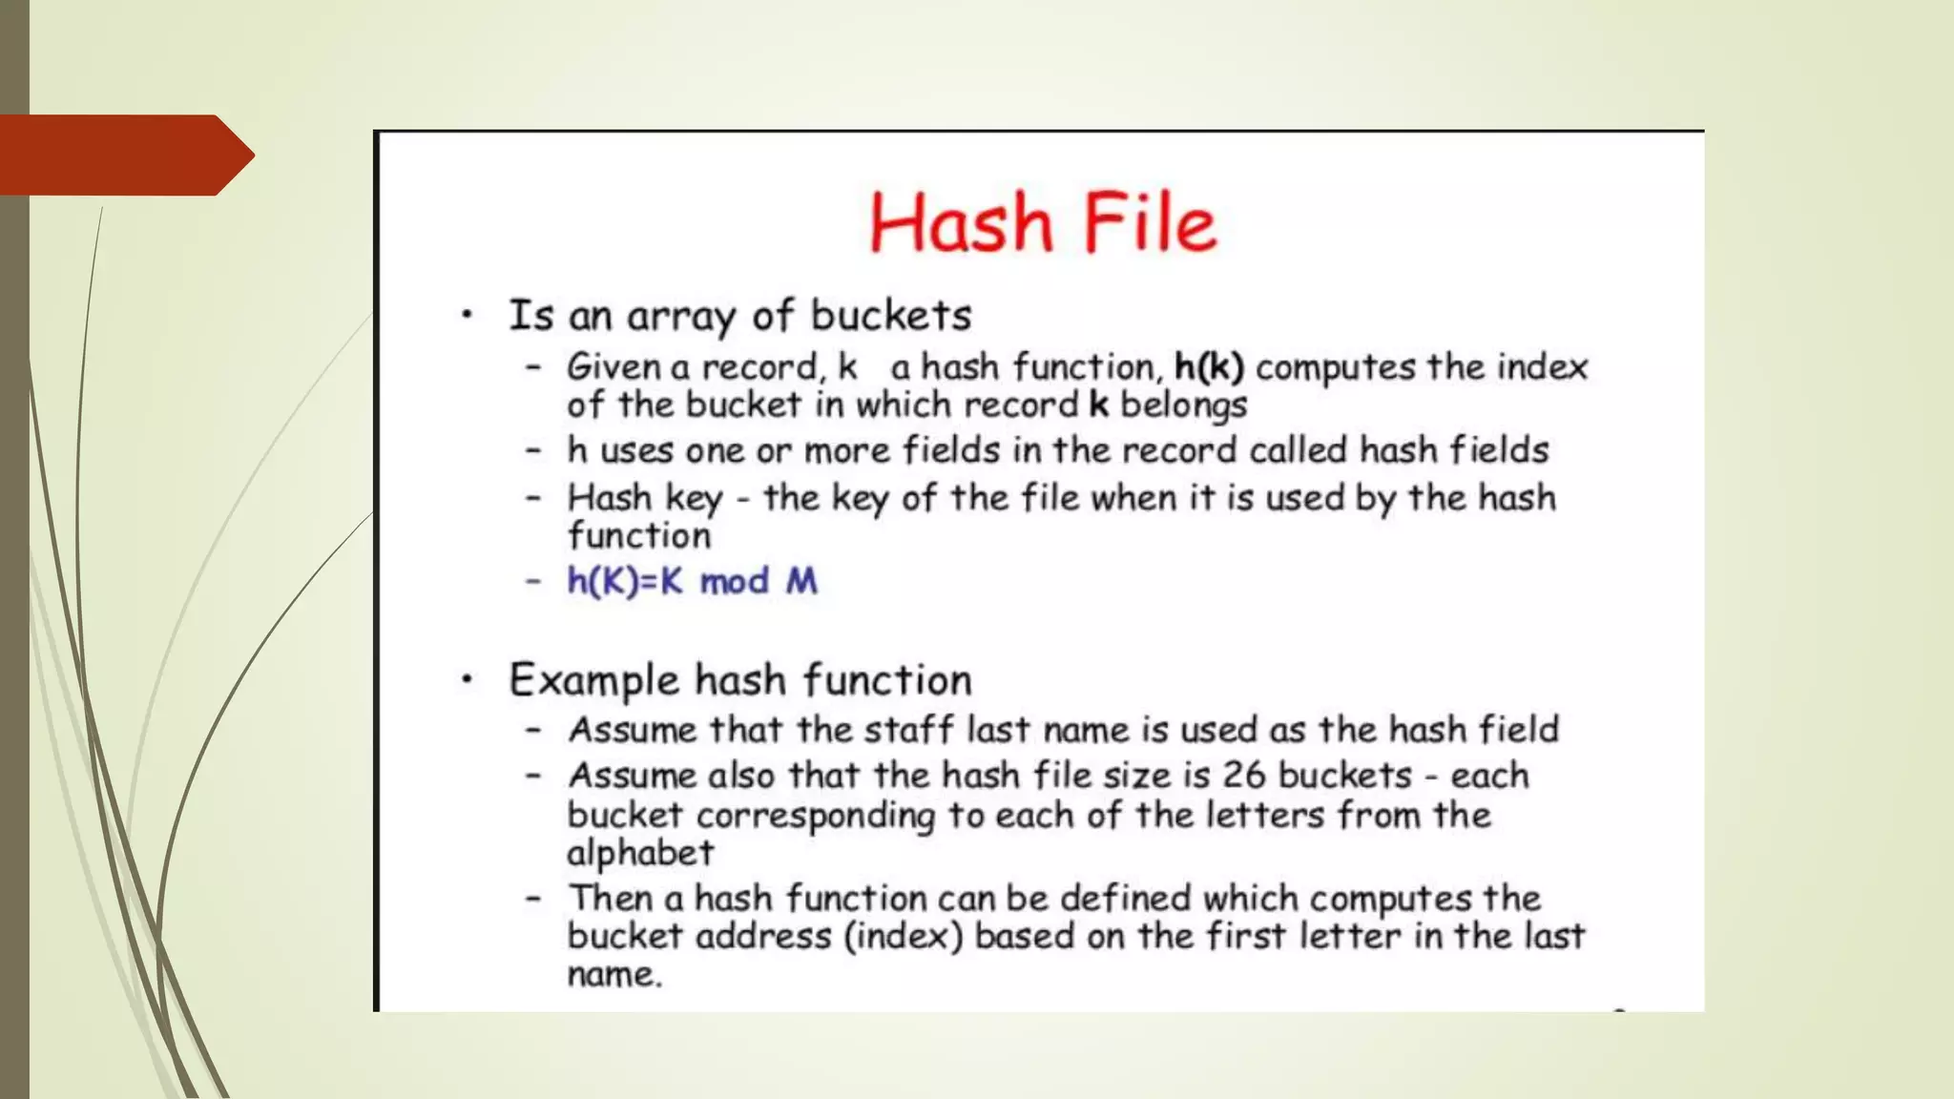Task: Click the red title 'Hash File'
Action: [1043, 222]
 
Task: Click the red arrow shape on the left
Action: [124, 155]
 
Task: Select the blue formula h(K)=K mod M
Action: [692, 581]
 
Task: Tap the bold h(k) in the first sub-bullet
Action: [1209, 366]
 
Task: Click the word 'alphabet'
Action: [640, 853]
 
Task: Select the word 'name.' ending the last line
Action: [614, 975]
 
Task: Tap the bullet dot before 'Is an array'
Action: [467, 315]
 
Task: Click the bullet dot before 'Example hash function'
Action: [467, 680]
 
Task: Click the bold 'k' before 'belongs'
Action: [1099, 404]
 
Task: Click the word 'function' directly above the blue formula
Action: [639, 535]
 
